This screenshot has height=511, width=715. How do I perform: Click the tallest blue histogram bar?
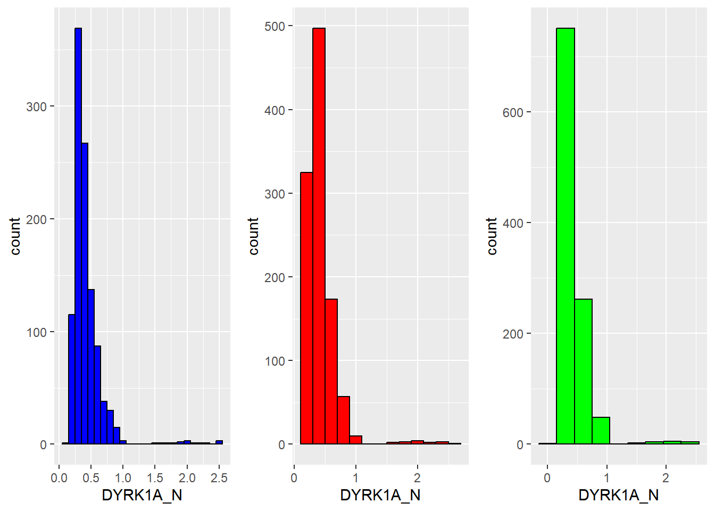tap(78, 234)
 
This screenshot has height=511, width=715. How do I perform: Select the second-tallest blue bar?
tap(85, 293)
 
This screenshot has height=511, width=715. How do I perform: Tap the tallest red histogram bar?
tap(319, 234)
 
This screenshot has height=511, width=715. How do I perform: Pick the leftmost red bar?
tap(306, 309)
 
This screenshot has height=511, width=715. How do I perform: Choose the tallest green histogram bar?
tap(566, 234)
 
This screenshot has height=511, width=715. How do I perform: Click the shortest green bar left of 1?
tap(601, 431)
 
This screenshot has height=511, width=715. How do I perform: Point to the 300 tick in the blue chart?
tap(37, 106)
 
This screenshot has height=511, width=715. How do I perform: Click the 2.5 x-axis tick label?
tap(219, 477)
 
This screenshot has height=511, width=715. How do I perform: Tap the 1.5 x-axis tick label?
tap(155, 477)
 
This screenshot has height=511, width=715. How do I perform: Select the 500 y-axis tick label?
tap(275, 26)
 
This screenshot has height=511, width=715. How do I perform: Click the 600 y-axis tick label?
tap(513, 112)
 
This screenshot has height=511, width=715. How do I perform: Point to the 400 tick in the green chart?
tap(513, 223)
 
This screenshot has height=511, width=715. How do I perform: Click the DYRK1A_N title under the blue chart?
tap(142, 495)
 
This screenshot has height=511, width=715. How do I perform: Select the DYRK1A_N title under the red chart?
tap(380, 495)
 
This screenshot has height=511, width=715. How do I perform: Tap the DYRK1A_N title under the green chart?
tap(619, 495)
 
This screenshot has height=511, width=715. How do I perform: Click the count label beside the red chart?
tap(253, 236)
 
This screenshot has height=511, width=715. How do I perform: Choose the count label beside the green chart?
tap(492, 236)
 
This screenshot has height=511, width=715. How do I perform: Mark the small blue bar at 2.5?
tap(219, 442)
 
